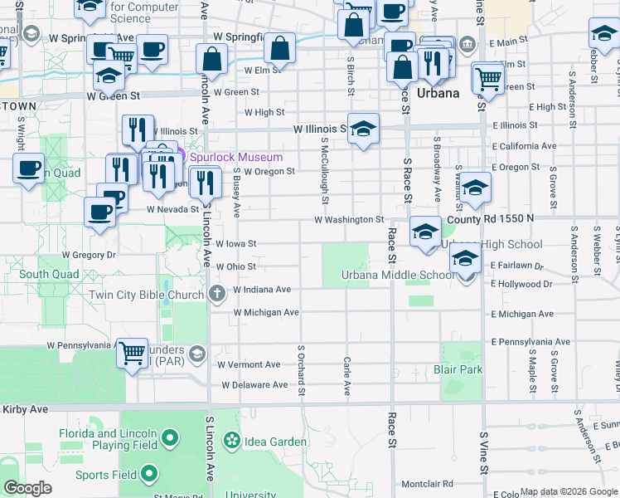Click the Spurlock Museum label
[x=236, y=157]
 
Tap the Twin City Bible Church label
[x=148, y=295]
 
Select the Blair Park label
[x=458, y=369]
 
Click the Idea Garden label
[x=274, y=441]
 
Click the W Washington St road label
[x=349, y=220]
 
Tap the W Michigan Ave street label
[x=266, y=313]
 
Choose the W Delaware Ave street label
[x=255, y=385]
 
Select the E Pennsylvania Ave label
[x=530, y=342]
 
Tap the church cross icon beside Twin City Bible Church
[x=216, y=293]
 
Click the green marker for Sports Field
[x=150, y=475]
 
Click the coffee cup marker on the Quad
[x=28, y=168]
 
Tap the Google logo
[x=27, y=488]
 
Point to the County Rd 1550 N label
[x=490, y=218]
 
